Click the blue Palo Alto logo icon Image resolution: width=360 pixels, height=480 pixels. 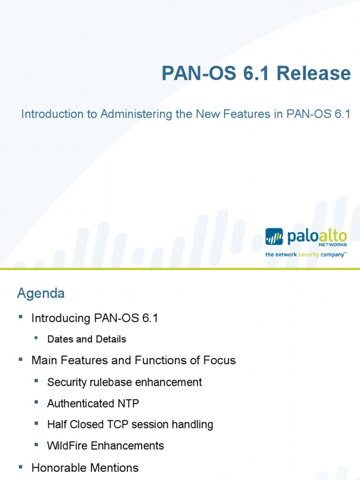pyautogui.click(x=274, y=237)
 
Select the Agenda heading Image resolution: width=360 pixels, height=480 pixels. pyautogui.click(x=41, y=294)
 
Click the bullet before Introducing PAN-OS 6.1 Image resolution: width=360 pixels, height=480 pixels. pyautogui.click(x=20, y=317)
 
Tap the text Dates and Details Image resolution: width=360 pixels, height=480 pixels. pyautogui.click(x=87, y=339)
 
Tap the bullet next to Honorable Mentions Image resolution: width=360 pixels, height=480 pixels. pyautogui.click(x=20, y=467)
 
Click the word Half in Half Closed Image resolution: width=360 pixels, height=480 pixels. pyautogui.click(x=57, y=425)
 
